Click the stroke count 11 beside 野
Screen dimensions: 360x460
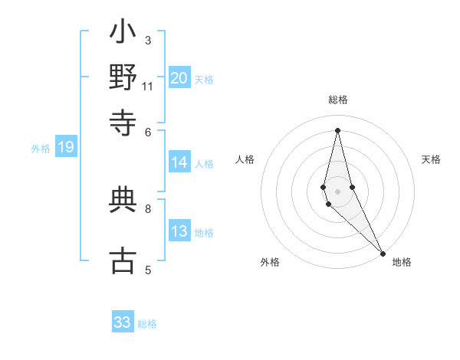[x=148, y=87]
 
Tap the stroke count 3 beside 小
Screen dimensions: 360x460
[x=147, y=40]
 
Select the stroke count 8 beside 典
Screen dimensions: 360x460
[x=147, y=208]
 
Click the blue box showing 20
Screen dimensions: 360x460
[x=179, y=78]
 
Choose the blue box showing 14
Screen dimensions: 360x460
[x=179, y=162]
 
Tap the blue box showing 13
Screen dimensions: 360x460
[x=179, y=232]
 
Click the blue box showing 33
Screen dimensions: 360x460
[x=123, y=322]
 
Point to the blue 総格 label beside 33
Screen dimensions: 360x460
[x=147, y=324]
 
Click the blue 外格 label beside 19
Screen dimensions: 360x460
[x=41, y=149]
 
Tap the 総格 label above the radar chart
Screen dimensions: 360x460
[x=338, y=100]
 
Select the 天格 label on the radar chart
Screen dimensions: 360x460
[x=431, y=159]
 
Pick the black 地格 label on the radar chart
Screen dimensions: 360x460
[x=402, y=262]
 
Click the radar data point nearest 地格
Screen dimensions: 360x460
[x=383, y=251]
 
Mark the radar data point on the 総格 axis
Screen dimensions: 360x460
[x=337, y=130]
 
